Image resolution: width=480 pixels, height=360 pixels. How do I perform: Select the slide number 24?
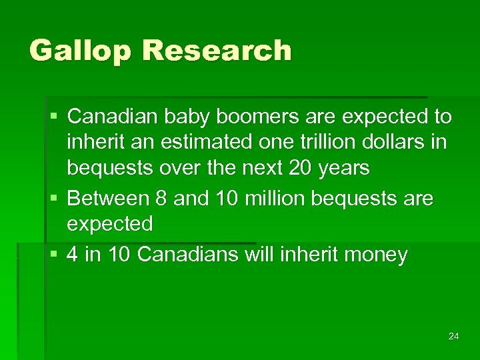pos(453,336)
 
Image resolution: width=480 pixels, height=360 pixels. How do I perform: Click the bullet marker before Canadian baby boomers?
pos(54,117)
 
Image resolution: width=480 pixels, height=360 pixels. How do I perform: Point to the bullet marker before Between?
pos(54,199)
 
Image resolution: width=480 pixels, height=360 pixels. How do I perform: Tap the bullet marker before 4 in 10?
pos(54,255)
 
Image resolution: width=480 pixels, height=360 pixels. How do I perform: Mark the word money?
pos(375,255)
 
